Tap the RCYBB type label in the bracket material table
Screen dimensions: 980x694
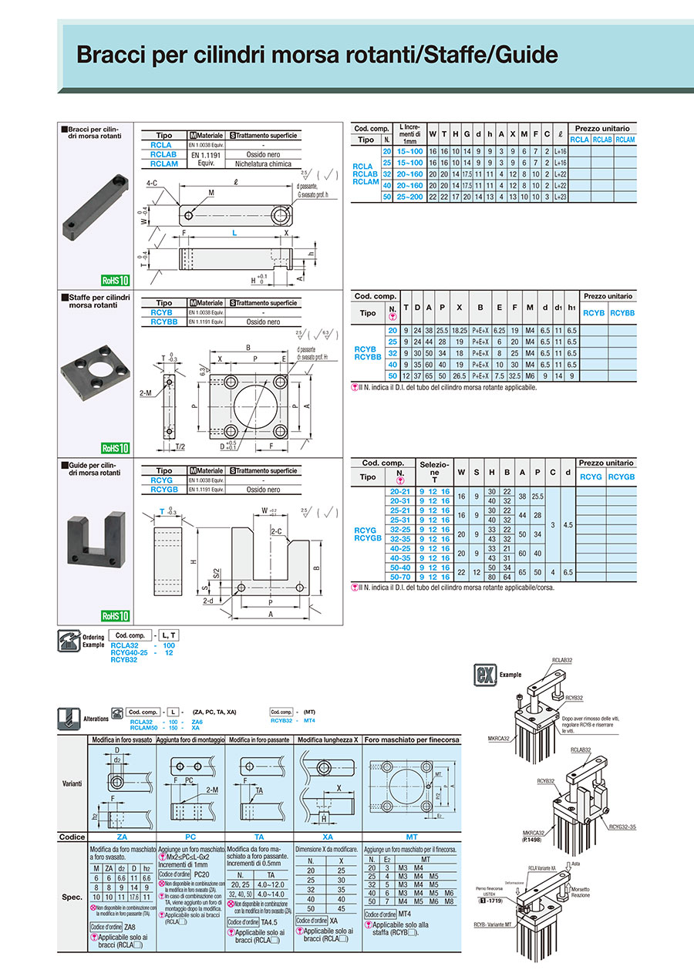pyautogui.click(x=161, y=322)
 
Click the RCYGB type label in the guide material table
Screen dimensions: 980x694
pyautogui.click(x=161, y=490)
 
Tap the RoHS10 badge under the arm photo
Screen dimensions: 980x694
pyautogui.click(x=114, y=281)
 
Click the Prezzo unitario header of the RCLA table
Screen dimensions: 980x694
pyautogui.click(x=602, y=128)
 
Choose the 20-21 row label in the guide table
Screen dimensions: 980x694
pyautogui.click(x=400, y=491)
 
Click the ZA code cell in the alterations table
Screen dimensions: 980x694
pyautogui.click(x=122, y=837)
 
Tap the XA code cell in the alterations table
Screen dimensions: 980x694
pyautogui.click(x=327, y=837)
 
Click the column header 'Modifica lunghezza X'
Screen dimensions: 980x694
pyautogui.click(x=327, y=739)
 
